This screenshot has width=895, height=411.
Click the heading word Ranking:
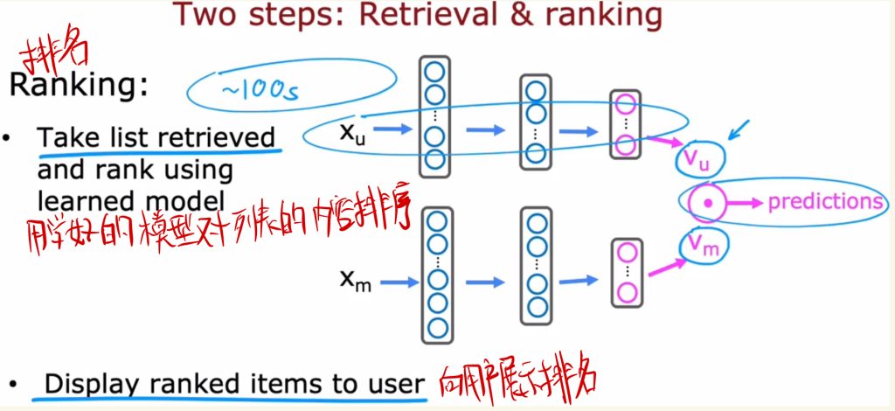pos(79,86)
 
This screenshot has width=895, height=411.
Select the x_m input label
pos(354,280)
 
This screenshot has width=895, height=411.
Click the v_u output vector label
pos(697,159)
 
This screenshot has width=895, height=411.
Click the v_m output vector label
pos(705,247)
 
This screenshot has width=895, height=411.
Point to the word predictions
pos(825,202)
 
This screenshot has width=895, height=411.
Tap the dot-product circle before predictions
pos(709,203)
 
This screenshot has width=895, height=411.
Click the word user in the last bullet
pos(399,383)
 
